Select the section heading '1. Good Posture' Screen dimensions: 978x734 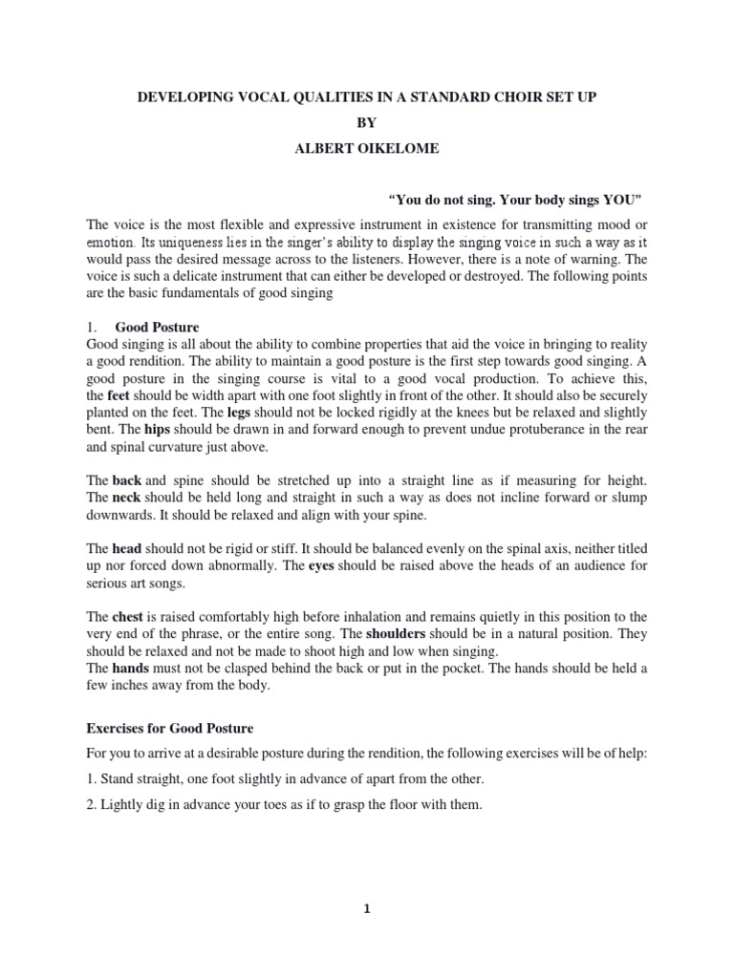[157, 328]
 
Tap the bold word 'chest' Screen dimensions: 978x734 [128, 618]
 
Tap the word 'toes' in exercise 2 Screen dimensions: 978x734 [275, 805]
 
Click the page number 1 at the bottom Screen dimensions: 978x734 [367, 937]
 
